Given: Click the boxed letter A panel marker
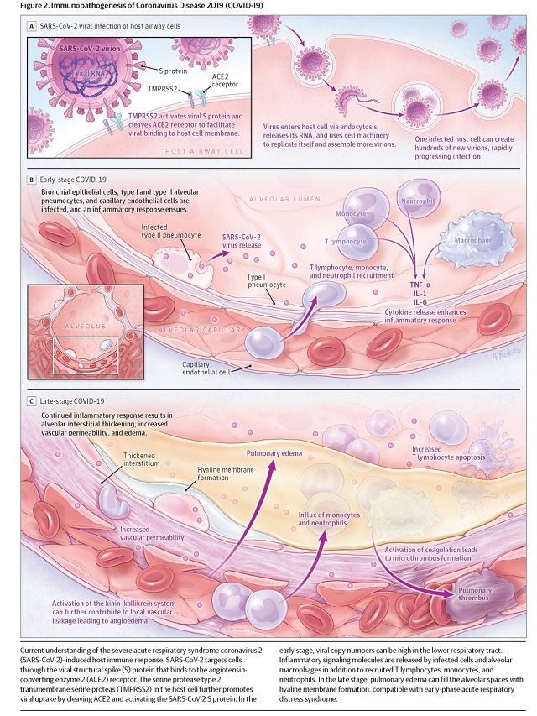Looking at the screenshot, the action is click(32, 26).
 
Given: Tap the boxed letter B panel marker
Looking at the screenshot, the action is click(32, 180).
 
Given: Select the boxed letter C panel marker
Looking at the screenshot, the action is click(32, 401).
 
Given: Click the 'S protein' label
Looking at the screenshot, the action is click(173, 71).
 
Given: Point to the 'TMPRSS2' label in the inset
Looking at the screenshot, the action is click(162, 89).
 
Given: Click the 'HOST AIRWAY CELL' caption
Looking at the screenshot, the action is click(204, 151).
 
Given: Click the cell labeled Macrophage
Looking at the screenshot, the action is click(474, 239).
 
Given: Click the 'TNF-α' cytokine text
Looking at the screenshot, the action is click(420, 285).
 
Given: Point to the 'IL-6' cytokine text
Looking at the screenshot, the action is click(420, 302).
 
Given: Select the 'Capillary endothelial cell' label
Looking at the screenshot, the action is click(206, 368).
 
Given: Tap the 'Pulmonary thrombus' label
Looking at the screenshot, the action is click(475, 594).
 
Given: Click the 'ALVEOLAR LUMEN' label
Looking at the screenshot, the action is click(285, 199).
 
